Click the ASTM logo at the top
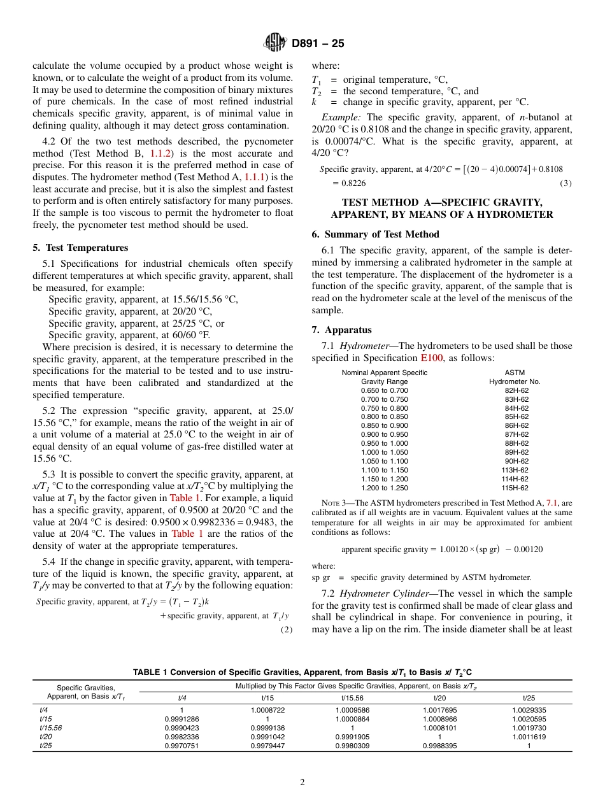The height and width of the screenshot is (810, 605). coord(275,43)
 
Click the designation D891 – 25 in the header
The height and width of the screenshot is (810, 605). coord(318,44)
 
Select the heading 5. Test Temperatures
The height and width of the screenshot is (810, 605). coord(80,248)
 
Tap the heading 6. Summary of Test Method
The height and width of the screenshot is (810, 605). coord(375,234)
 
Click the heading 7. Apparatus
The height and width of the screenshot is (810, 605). coord(341,330)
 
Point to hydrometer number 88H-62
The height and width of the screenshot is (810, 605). coord(516,443)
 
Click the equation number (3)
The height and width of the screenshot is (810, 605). coord(566,183)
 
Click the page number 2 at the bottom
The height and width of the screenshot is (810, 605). coord(302,782)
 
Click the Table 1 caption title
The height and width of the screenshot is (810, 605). coord(302,672)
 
